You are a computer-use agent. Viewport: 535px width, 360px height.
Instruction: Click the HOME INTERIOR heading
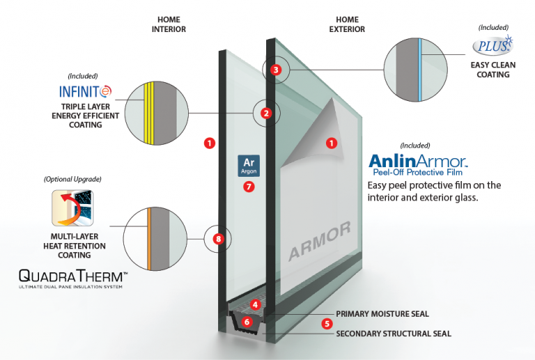(169, 25)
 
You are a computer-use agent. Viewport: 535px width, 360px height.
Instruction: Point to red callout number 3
(276, 70)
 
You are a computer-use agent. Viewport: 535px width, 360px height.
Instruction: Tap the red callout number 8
(219, 240)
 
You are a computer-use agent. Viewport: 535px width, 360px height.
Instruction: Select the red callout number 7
(249, 187)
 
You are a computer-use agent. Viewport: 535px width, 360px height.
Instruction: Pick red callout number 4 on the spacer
(256, 304)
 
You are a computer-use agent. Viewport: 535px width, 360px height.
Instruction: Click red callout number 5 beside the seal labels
(325, 323)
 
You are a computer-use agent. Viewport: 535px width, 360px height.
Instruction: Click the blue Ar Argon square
(249, 165)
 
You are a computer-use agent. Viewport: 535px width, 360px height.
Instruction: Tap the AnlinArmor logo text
(418, 162)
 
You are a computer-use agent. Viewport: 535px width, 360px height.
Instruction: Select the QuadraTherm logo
(72, 276)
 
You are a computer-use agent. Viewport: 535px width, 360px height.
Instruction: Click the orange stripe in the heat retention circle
(148, 237)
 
